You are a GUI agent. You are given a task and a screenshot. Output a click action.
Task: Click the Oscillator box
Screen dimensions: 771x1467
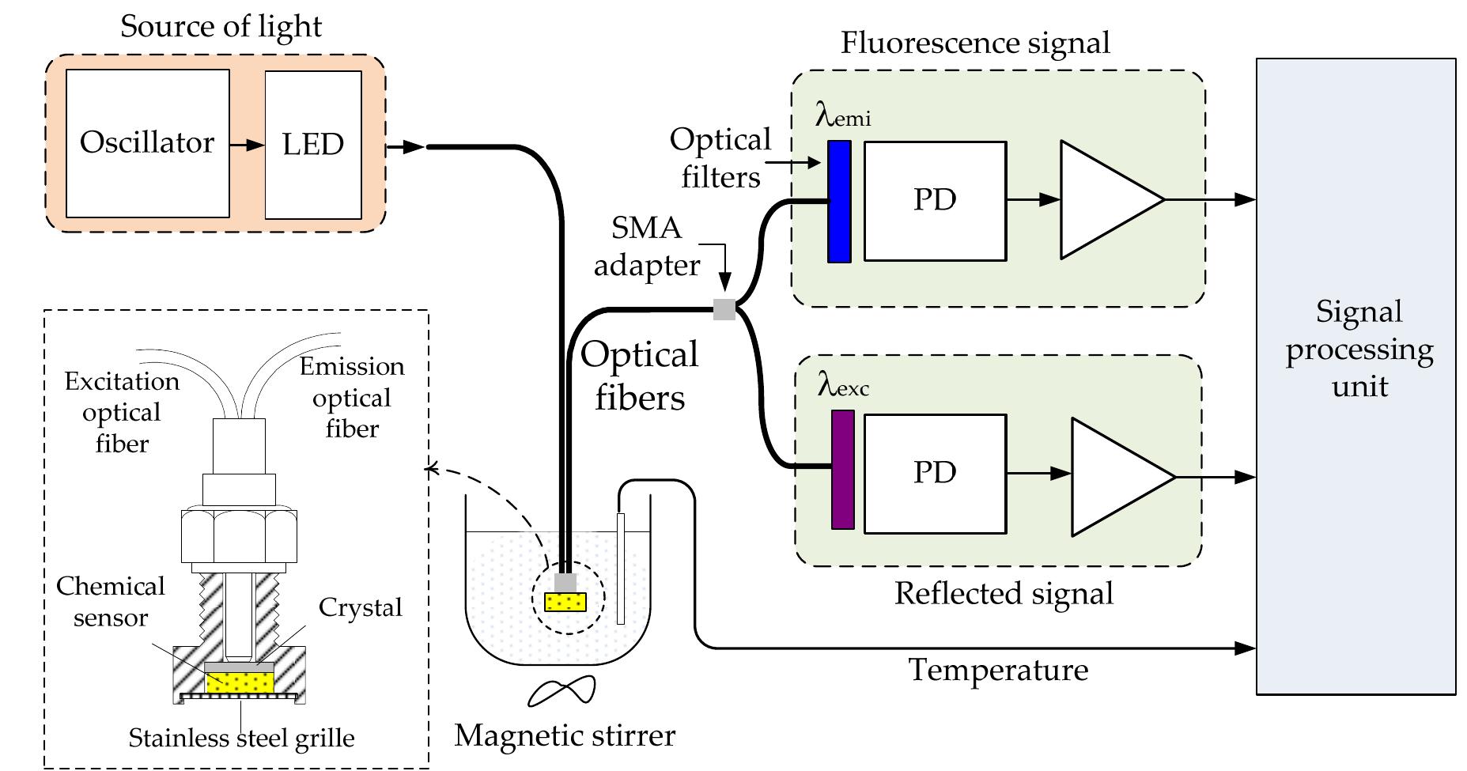(147, 143)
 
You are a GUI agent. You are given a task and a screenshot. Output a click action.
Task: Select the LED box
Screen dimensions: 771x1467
(313, 144)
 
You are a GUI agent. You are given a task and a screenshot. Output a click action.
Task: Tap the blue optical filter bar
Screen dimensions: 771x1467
(839, 202)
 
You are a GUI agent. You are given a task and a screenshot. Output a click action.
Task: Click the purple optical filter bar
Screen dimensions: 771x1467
(843, 469)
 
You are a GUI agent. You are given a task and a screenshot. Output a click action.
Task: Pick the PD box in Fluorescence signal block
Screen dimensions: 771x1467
(935, 201)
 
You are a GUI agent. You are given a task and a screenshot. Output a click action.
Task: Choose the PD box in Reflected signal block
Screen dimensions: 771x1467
(935, 473)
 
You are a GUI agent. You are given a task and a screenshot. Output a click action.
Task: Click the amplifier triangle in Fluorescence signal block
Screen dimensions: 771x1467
(1103, 200)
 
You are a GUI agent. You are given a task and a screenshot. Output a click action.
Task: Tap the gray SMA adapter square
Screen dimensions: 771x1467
(724, 309)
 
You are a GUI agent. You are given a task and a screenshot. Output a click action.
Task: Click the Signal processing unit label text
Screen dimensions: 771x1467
(1359, 349)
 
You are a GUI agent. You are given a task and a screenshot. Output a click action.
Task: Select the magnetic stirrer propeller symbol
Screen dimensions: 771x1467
(561, 691)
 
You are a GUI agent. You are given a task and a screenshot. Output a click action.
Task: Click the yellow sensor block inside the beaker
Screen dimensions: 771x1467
(565, 603)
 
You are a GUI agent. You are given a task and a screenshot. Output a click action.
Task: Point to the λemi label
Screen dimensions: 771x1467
(843, 116)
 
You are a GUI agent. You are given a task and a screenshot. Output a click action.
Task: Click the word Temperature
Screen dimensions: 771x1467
(998, 670)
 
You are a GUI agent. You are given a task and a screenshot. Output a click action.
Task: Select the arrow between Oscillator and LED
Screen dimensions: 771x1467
(247, 145)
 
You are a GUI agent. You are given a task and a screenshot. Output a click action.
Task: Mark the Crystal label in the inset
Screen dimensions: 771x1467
(360, 607)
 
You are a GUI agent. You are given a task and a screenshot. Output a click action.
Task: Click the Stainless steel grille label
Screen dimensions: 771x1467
(241, 738)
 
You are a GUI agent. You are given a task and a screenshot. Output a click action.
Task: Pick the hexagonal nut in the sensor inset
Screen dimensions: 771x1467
(239, 535)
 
